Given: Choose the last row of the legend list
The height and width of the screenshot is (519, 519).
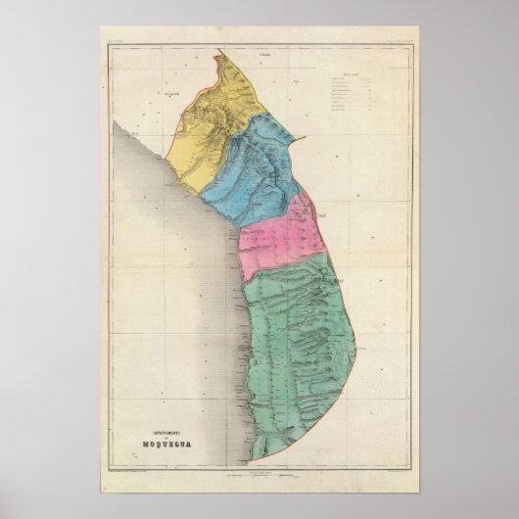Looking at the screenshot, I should coord(348,111).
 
